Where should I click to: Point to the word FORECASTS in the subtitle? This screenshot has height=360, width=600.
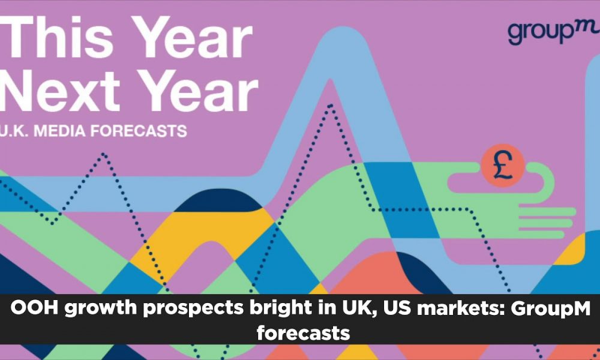coord(139,131)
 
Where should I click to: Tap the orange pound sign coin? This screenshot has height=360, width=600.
coord(502,166)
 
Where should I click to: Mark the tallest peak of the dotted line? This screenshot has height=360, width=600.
coord(330,105)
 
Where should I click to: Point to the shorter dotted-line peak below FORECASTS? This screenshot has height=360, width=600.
coord(104,154)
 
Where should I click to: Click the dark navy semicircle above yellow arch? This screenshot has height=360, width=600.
coord(218,200)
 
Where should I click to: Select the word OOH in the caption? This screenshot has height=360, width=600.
coord(34,308)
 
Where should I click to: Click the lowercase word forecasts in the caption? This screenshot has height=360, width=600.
coord(304,332)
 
